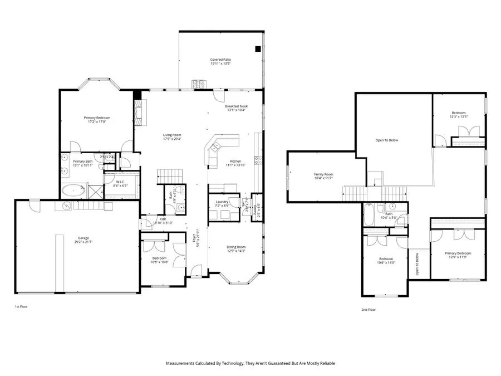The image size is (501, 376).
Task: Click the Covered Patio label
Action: click(220, 60)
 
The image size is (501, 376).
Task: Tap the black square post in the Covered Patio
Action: click(257, 49)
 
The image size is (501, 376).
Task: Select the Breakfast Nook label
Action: click(236, 106)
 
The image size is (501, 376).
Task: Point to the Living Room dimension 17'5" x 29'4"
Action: click(172, 139)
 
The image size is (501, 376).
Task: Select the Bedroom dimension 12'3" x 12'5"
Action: click(459, 116)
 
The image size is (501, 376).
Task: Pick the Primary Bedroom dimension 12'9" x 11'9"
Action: click(458, 257)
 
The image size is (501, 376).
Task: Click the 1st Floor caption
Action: click(21, 306)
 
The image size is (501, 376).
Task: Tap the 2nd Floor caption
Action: click(369, 310)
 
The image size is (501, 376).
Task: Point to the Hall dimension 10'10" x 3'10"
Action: click(163, 223)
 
